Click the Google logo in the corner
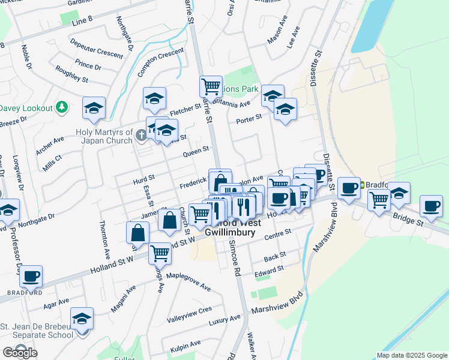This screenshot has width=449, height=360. click(x=20, y=353)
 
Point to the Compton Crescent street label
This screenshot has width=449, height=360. click(x=159, y=62)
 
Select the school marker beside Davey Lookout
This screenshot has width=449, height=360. click(x=94, y=108)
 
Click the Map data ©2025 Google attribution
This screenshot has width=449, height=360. click(x=412, y=355)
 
